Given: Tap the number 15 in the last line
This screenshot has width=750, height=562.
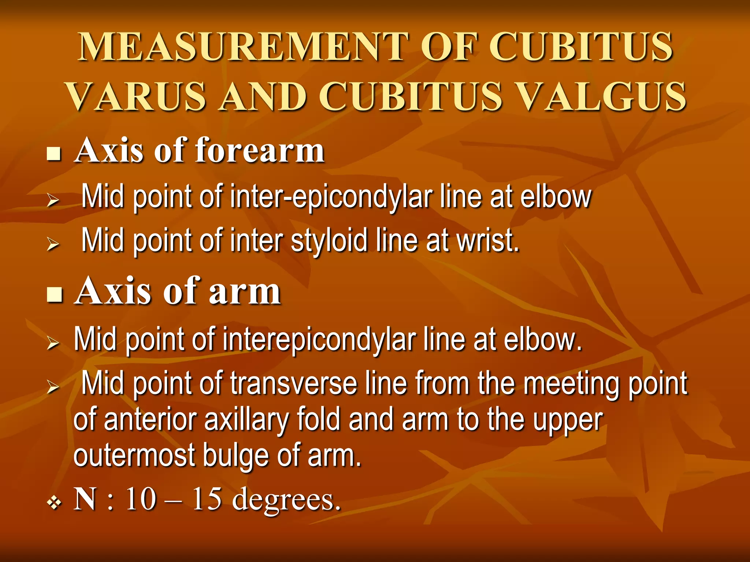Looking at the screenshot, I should [x=207, y=499].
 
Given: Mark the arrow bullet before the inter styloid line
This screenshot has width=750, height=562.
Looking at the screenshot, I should [x=53, y=244].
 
